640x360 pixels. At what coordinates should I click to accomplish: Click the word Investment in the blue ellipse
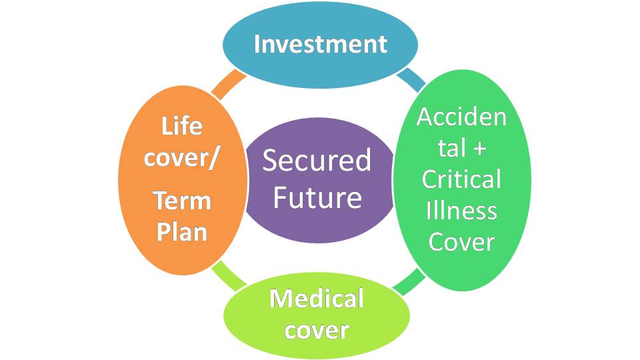320,44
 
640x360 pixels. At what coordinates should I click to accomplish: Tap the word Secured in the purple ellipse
317,161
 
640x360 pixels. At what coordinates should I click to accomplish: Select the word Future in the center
317,197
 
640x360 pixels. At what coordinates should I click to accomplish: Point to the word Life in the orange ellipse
182,126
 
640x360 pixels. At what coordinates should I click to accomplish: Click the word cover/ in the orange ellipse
182,160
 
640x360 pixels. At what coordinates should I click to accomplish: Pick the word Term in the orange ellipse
182,200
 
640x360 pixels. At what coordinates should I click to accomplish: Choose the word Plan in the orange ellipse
182,233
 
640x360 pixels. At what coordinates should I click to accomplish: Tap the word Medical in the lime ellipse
316,298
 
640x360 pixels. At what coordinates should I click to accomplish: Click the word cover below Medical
316,330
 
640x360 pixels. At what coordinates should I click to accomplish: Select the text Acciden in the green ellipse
461,117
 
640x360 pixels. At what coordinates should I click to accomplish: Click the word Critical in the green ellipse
461,179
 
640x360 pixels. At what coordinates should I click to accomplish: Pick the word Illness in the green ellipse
461,211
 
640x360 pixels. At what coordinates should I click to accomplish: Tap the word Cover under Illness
461,241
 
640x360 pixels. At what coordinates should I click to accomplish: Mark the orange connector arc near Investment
229,81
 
